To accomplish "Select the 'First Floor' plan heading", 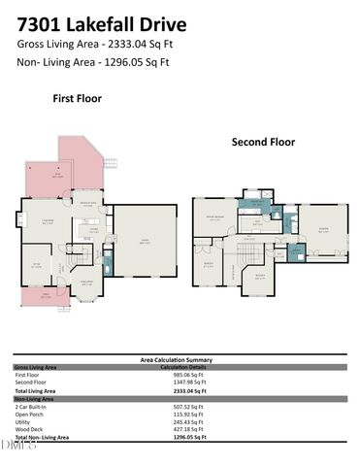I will click(77, 98).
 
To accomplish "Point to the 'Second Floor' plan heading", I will click(262, 142).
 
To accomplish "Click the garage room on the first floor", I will click(146, 243).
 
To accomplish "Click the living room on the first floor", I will click(44, 222).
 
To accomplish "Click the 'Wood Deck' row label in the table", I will click(29, 430).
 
